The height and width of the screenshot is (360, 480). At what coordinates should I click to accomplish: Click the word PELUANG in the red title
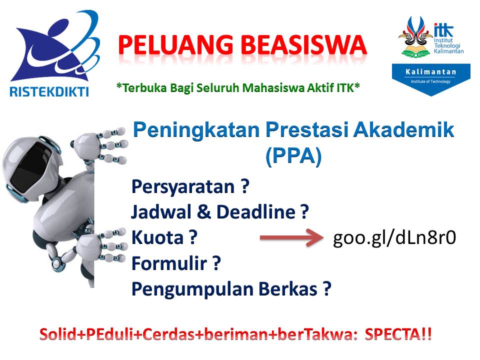coord(175,45)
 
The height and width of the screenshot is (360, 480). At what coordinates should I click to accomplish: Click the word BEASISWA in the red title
coord(303,45)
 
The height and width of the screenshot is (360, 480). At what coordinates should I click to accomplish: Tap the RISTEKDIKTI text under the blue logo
coord(49,91)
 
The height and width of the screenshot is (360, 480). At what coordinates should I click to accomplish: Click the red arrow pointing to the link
coord(291,237)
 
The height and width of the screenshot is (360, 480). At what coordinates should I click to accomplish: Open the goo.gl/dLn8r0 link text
coord(394,238)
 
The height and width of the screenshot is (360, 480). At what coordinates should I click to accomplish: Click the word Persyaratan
coord(183,186)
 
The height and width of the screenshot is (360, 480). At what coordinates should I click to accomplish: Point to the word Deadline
coord(256,211)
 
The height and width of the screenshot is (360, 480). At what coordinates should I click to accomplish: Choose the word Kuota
coord(157,237)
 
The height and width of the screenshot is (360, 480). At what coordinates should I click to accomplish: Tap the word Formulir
coord(169,263)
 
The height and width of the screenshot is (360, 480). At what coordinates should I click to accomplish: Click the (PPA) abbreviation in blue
coord(293,156)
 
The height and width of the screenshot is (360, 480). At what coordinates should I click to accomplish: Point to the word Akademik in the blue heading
coord(403,130)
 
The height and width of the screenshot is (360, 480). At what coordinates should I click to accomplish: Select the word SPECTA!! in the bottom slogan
coord(398,334)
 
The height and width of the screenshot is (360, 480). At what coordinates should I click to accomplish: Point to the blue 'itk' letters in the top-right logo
coord(443,30)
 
